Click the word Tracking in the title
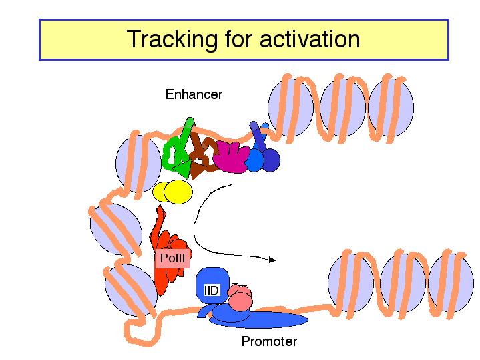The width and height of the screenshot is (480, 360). coord(172,39)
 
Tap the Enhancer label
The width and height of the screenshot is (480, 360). coord(194,94)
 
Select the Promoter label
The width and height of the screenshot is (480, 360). coord(269,341)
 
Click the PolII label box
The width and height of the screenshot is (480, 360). coord(172,258)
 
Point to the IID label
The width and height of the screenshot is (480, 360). coord(212,290)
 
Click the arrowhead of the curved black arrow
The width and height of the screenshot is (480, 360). coord(272,260)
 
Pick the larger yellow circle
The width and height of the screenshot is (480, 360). coord(178,192)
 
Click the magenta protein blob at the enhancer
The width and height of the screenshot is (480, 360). coord(231,157)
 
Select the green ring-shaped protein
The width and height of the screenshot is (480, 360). coord(172,153)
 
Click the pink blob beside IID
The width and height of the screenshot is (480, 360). coord(240,297)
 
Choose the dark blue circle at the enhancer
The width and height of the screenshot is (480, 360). coord(270,160)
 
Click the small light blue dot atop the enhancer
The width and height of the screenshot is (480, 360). coord(265,126)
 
